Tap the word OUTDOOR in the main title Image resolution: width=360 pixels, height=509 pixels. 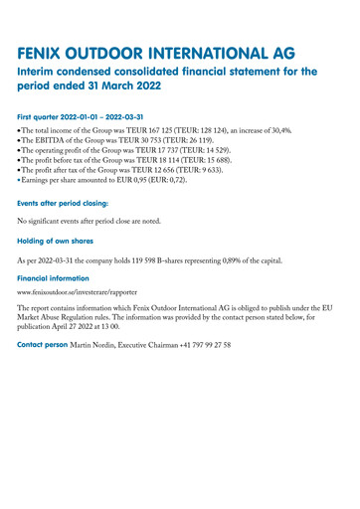click(125, 52)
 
